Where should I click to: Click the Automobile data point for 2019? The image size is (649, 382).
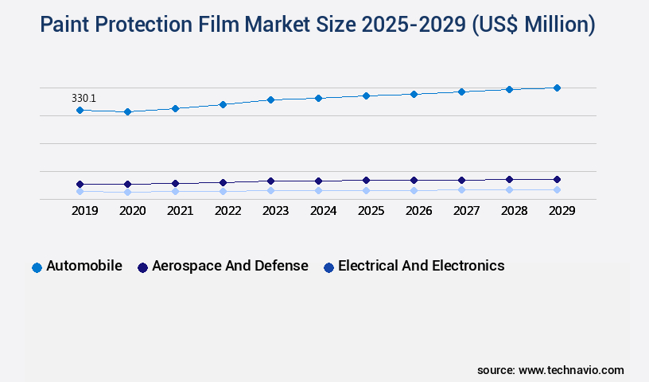80,110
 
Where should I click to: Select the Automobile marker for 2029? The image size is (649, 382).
557,88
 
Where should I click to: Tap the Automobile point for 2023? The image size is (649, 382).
270,99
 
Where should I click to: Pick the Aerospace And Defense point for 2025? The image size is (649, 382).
366,180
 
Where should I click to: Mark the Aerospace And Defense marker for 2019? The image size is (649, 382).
80,184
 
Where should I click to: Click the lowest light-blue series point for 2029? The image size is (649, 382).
557,189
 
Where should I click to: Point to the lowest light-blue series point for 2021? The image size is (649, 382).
175,191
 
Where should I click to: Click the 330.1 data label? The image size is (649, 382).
84,98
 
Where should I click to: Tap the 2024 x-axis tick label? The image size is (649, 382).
323,211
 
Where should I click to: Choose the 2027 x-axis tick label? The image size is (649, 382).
466,211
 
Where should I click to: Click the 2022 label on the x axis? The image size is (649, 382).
227,211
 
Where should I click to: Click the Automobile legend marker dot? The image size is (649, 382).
37,267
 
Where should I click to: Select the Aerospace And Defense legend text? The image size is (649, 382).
230,266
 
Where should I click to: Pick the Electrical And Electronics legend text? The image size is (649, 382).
421,266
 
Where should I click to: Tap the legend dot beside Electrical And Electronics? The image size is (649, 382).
328,267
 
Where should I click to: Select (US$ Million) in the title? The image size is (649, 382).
533,25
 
